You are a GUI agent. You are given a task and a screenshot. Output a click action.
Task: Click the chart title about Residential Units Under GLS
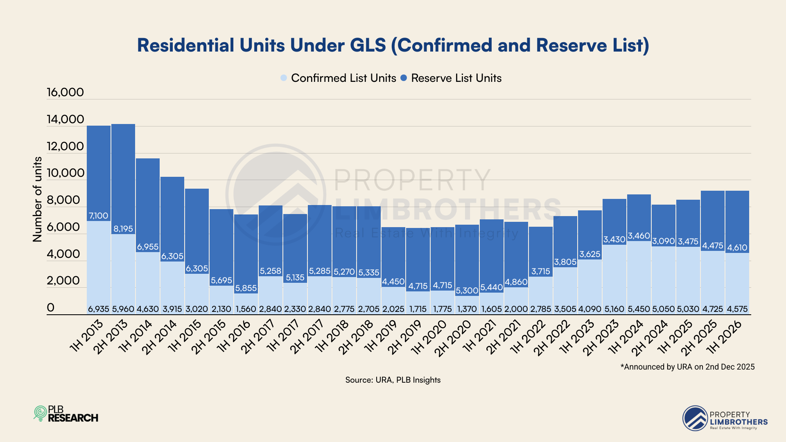click(x=393, y=45)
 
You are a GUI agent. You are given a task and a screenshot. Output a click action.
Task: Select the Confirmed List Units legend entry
click(x=339, y=78)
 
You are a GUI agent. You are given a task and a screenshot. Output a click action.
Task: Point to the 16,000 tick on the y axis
click(x=65, y=92)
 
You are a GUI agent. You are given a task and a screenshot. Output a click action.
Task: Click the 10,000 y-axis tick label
click(x=65, y=173)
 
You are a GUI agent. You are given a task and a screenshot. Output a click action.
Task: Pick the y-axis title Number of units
click(x=37, y=199)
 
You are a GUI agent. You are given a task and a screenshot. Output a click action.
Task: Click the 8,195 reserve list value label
click(x=123, y=229)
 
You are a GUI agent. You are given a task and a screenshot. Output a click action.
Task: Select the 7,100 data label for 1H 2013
click(x=99, y=216)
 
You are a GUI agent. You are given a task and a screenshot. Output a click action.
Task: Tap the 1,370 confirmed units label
click(x=467, y=309)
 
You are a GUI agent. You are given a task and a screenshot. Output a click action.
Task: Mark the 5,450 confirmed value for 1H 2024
click(x=639, y=309)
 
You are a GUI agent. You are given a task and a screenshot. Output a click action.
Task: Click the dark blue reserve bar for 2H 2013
click(x=123, y=176)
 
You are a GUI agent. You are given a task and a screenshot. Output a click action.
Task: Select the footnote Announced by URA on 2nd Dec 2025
click(x=687, y=367)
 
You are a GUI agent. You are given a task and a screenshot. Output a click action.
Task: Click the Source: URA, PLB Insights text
click(x=393, y=380)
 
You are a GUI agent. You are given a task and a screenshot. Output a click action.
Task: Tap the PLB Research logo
click(x=66, y=414)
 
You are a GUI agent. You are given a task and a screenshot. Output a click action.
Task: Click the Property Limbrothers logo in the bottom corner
click(x=725, y=418)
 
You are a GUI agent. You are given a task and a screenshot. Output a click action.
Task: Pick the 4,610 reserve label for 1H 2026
click(x=737, y=248)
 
